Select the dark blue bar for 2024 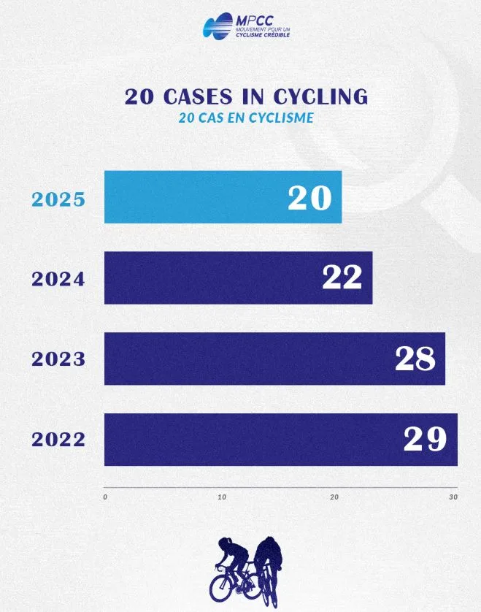212,278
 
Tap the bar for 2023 248,359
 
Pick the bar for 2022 248,439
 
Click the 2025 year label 58,199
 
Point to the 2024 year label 58,279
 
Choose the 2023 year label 58,359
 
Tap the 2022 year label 58,440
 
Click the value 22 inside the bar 342,278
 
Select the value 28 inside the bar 415,359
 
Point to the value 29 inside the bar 425,439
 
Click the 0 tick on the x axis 106,497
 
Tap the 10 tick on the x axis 222,497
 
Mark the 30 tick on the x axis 453,497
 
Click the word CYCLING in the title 320,97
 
